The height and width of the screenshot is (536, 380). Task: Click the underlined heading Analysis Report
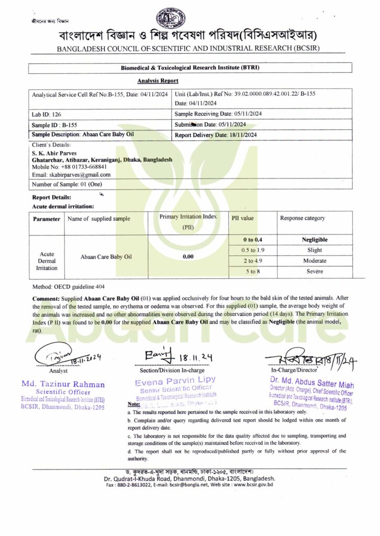158,81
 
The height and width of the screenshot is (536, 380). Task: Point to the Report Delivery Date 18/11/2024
216,135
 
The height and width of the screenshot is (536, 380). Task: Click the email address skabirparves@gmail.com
71,174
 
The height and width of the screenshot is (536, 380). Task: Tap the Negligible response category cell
315,239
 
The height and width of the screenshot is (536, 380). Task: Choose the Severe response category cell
315,271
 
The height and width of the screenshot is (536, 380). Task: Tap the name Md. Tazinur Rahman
63,384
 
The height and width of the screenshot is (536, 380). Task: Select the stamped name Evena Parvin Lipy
175,379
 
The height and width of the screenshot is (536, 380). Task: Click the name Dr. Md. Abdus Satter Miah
311,379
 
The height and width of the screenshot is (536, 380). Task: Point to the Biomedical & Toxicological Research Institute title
189,68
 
